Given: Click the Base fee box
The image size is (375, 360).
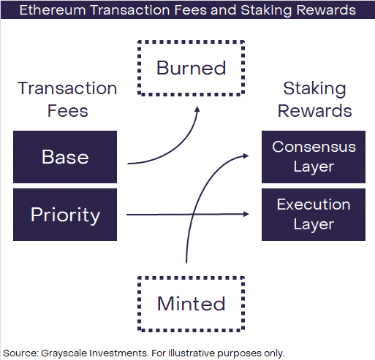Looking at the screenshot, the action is tap(65, 157).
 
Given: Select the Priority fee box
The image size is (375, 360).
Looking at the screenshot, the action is tap(65, 215).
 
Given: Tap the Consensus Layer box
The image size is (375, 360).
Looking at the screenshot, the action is tap(314, 157).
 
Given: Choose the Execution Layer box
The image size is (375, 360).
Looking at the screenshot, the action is tap(314, 215).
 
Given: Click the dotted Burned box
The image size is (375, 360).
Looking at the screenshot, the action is tap(192, 42).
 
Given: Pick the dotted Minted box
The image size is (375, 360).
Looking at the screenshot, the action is tap(192, 277).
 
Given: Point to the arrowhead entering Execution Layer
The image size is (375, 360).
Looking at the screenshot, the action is tap(246, 214).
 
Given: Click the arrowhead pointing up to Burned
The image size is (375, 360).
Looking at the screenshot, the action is tap(197, 110).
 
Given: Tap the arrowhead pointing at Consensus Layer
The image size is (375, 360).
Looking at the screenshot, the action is tap(246, 156).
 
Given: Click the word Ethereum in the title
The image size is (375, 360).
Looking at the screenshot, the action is tap(53, 10).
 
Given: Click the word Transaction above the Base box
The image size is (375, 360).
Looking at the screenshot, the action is tap(67, 88).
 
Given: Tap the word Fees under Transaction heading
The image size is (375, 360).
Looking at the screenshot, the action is tap(68, 111).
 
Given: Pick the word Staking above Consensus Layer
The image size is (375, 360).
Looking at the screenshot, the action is tap(314, 88).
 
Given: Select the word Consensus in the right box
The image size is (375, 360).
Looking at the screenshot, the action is tap(314, 147).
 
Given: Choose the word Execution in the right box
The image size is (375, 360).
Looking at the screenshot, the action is tap(314, 204).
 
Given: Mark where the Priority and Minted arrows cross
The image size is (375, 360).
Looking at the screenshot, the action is tap(193, 214).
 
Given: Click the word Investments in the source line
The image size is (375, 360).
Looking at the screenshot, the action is tap(119, 353).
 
